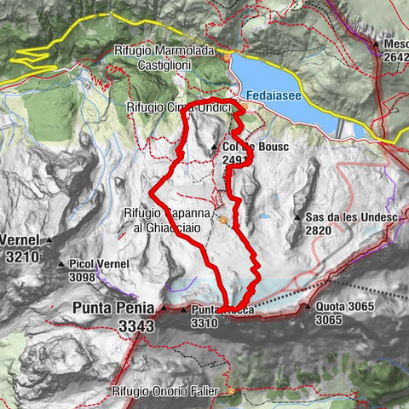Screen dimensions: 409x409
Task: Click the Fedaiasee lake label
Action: pyautogui.click(x=277, y=96)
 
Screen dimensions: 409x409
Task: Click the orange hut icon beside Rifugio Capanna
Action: pyautogui.click(x=223, y=220)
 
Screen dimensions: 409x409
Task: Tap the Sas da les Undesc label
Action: pyautogui.click(x=347, y=217)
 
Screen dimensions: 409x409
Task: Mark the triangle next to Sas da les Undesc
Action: pyautogui.click(x=297, y=218)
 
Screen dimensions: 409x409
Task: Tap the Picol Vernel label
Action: pyautogui.click(x=100, y=264)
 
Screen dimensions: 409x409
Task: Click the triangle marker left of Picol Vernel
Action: pyautogui.click(x=61, y=264)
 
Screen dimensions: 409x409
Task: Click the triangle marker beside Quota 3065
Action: pyautogui.click(x=308, y=305)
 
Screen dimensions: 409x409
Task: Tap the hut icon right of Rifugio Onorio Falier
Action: pyautogui.click(x=229, y=391)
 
